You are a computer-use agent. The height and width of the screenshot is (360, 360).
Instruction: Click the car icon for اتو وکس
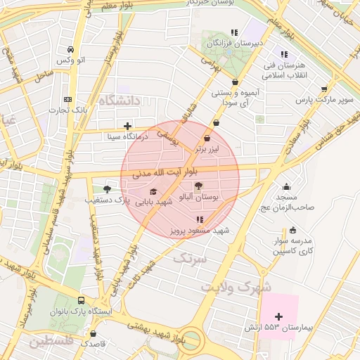(x=71, y=50)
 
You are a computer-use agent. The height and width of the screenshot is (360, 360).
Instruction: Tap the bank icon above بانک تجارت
(x=67, y=99)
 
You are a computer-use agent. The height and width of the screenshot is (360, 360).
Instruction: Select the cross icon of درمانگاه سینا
(x=127, y=127)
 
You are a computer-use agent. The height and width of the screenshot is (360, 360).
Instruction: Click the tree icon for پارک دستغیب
(x=107, y=188)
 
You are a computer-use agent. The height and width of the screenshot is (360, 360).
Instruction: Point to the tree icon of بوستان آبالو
(x=199, y=186)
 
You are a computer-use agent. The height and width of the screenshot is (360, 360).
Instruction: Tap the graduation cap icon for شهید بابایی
(x=153, y=191)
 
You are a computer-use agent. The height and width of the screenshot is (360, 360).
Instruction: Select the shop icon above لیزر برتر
(x=207, y=139)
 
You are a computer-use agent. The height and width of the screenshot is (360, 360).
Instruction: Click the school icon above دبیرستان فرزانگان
(x=234, y=32)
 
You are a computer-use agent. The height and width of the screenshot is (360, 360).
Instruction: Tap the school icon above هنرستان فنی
(x=284, y=54)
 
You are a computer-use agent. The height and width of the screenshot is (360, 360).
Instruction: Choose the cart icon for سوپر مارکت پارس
(x=323, y=89)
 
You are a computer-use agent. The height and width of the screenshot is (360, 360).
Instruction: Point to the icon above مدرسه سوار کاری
(x=292, y=230)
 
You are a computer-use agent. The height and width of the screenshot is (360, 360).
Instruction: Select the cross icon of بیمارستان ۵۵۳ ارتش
(x=279, y=317)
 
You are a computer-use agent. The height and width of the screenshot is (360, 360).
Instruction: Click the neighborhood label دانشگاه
(x=120, y=102)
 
